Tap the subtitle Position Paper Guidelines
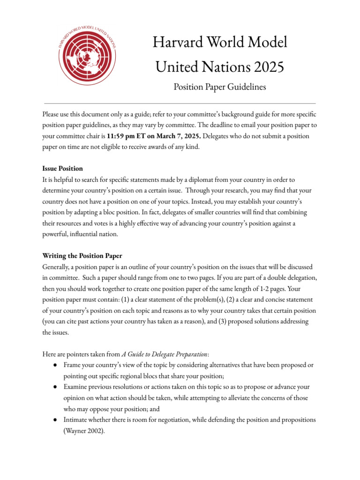click(x=219, y=87)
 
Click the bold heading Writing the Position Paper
click(x=82, y=256)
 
